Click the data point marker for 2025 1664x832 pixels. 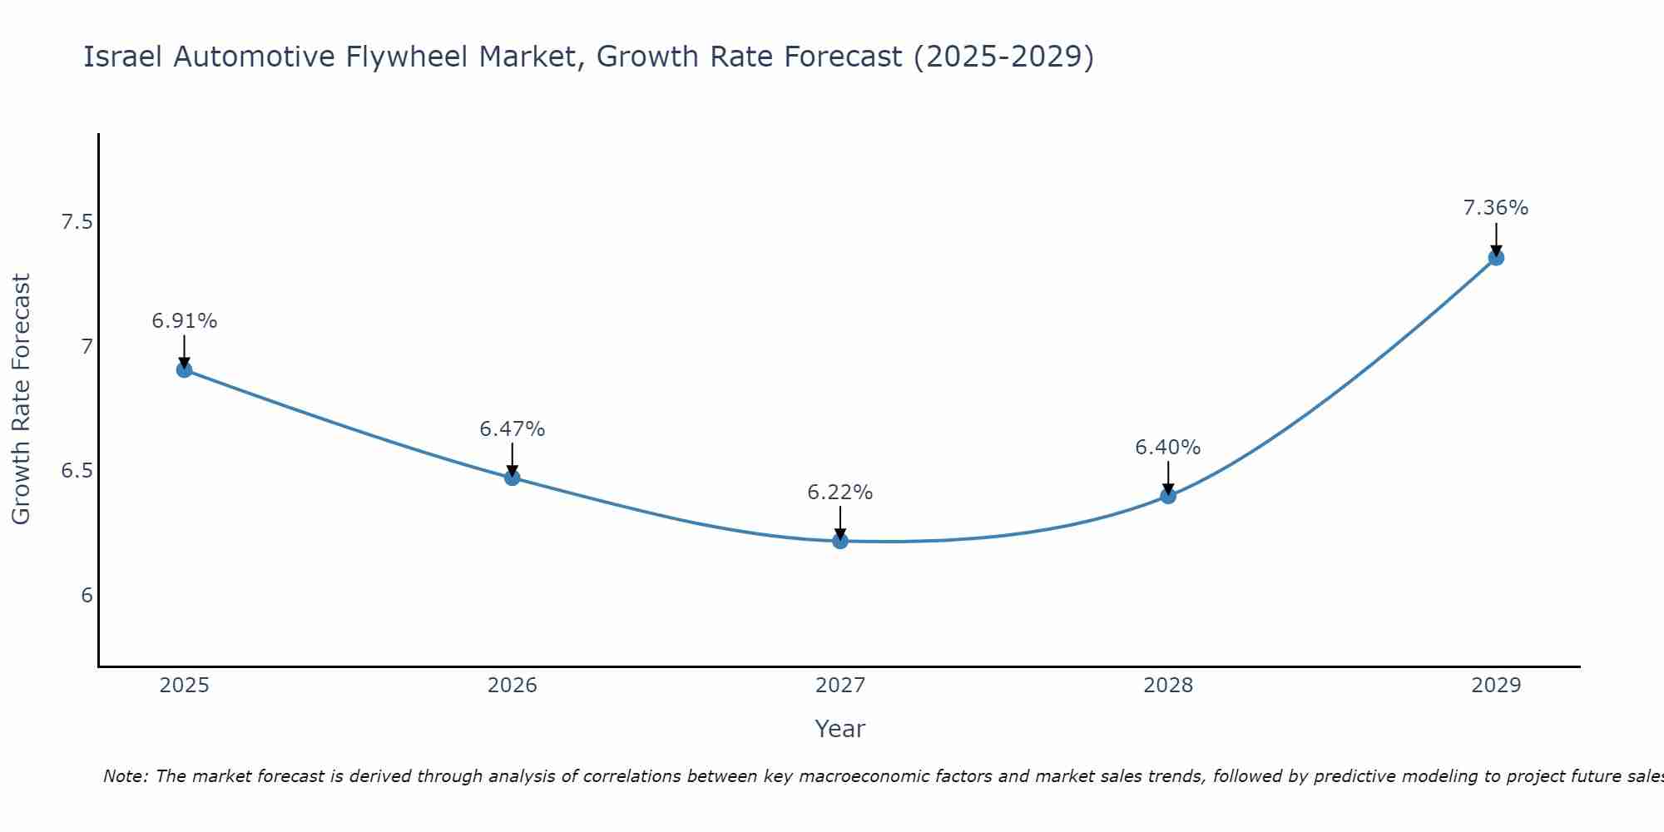185,369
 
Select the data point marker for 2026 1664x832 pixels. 513,478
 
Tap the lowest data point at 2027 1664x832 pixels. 840,541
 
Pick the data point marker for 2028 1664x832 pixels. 1168,496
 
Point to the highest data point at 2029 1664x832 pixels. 1496,258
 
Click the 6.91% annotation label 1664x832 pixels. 185,321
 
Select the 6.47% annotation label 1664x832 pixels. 513,429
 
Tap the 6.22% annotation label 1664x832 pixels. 840,493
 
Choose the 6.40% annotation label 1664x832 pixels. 1168,448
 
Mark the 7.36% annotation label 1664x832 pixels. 1496,208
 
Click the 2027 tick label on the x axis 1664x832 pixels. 840,686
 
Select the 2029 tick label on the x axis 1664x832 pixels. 1496,686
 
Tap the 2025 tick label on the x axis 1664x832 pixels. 185,686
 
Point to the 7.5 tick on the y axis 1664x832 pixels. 77,222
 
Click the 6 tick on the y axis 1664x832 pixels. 87,596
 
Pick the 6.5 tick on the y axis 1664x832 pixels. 77,471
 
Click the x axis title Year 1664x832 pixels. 840,729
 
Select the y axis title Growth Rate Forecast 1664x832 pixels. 21,399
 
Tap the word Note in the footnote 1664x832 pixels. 124,776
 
